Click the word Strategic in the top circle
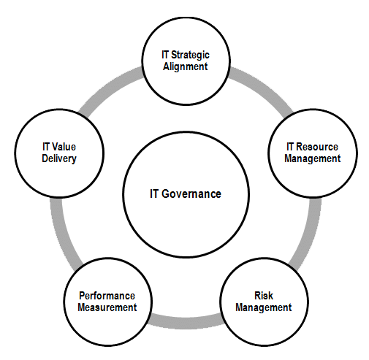pos(190,55)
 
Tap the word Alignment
pos(186,66)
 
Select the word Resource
pos(317,147)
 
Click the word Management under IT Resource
pos(313,158)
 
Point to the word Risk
pos(264,296)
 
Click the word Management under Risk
pos(264,307)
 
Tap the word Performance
pos(107,296)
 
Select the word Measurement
pos(107,307)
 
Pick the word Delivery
pos(59,158)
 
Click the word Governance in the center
pos(191,194)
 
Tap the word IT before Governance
pos(154,194)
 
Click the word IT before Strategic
pos(165,55)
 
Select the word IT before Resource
pos(290,147)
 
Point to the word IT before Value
pos(46,147)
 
